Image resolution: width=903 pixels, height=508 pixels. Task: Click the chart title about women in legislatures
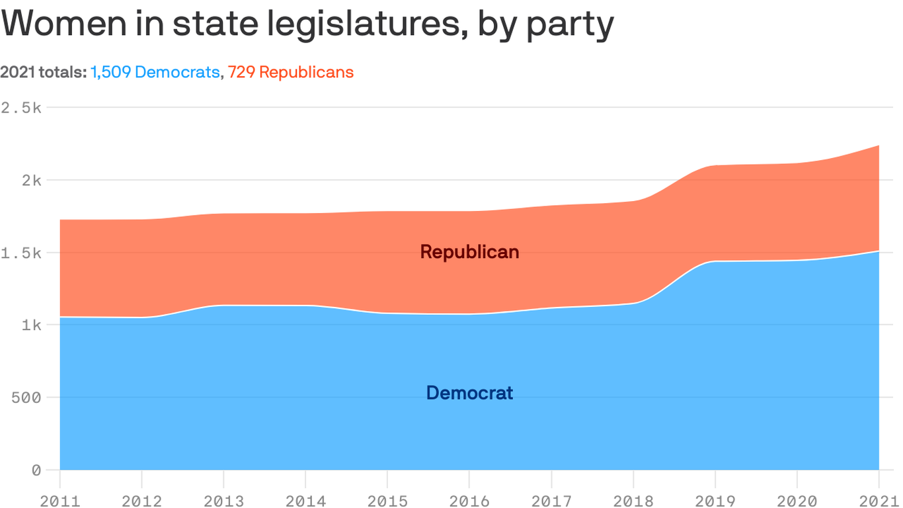tap(308, 24)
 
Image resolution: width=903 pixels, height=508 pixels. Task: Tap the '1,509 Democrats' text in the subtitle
tap(155, 72)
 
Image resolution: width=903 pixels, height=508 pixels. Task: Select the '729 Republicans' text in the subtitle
tap(291, 72)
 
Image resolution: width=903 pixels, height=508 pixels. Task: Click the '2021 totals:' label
tap(44, 72)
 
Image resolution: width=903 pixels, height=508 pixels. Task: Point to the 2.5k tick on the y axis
tap(21, 107)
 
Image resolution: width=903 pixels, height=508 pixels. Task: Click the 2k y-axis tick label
tap(30, 180)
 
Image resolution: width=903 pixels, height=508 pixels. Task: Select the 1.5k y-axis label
tap(21, 253)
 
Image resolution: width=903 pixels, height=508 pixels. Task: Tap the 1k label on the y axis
tap(30, 325)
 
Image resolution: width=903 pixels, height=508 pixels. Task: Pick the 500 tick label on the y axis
tap(26, 398)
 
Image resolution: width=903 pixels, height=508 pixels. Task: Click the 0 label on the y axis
tap(36, 470)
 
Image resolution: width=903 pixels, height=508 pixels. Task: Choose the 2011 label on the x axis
tap(60, 501)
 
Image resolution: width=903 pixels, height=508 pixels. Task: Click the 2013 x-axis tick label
tap(223, 501)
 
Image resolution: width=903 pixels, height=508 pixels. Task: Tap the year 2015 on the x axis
tap(387, 501)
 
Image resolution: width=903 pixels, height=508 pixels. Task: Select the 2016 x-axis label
tap(469, 501)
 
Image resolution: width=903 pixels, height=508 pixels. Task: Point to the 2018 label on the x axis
tap(633, 501)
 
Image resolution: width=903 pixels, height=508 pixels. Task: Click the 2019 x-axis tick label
tap(715, 501)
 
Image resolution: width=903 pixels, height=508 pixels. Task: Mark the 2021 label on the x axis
tap(878, 501)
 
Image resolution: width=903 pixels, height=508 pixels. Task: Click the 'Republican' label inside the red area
tap(469, 252)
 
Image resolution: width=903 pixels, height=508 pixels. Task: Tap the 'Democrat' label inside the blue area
tap(469, 393)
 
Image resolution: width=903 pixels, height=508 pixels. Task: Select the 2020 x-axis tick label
tap(797, 501)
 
